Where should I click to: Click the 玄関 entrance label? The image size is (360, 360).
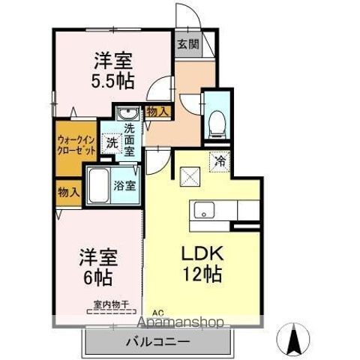(188, 44)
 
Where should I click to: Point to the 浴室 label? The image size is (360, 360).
(124, 185)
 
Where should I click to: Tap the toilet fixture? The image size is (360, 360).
(217, 123)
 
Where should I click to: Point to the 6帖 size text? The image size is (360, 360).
(97, 277)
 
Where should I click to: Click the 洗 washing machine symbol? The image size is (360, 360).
(111, 142)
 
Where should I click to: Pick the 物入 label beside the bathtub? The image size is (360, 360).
(68, 191)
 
